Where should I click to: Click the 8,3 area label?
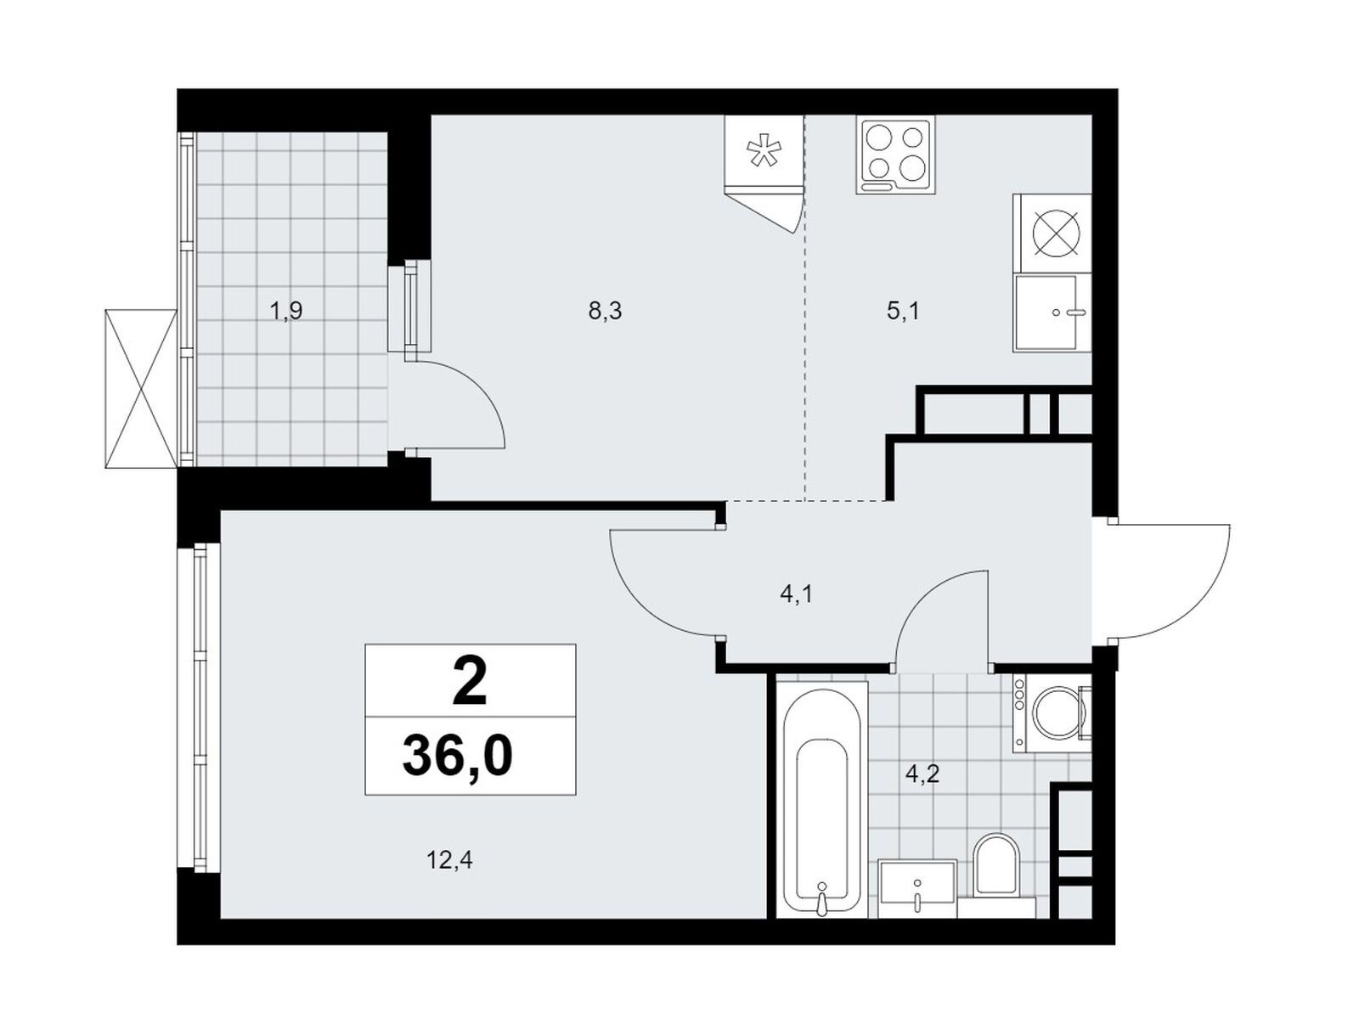[x=604, y=312]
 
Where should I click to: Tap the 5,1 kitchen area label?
[x=904, y=312]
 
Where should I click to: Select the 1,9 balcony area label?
[x=286, y=312]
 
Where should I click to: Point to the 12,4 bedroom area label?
[x=449, y=860]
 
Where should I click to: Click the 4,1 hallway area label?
[x=796, y=595]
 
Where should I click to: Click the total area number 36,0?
[x=458, y=757]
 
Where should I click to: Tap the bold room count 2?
[x=470, y=683]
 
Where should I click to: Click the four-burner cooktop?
[x=896, y=156]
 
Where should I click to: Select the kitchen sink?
[x=1052, y=313]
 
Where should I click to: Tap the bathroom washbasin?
[x=917, y=888]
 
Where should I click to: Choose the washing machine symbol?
[x=1052, y=713]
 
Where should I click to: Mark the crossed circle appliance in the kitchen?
[x=1057, y=234]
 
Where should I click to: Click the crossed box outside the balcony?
[x=142, y=389]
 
